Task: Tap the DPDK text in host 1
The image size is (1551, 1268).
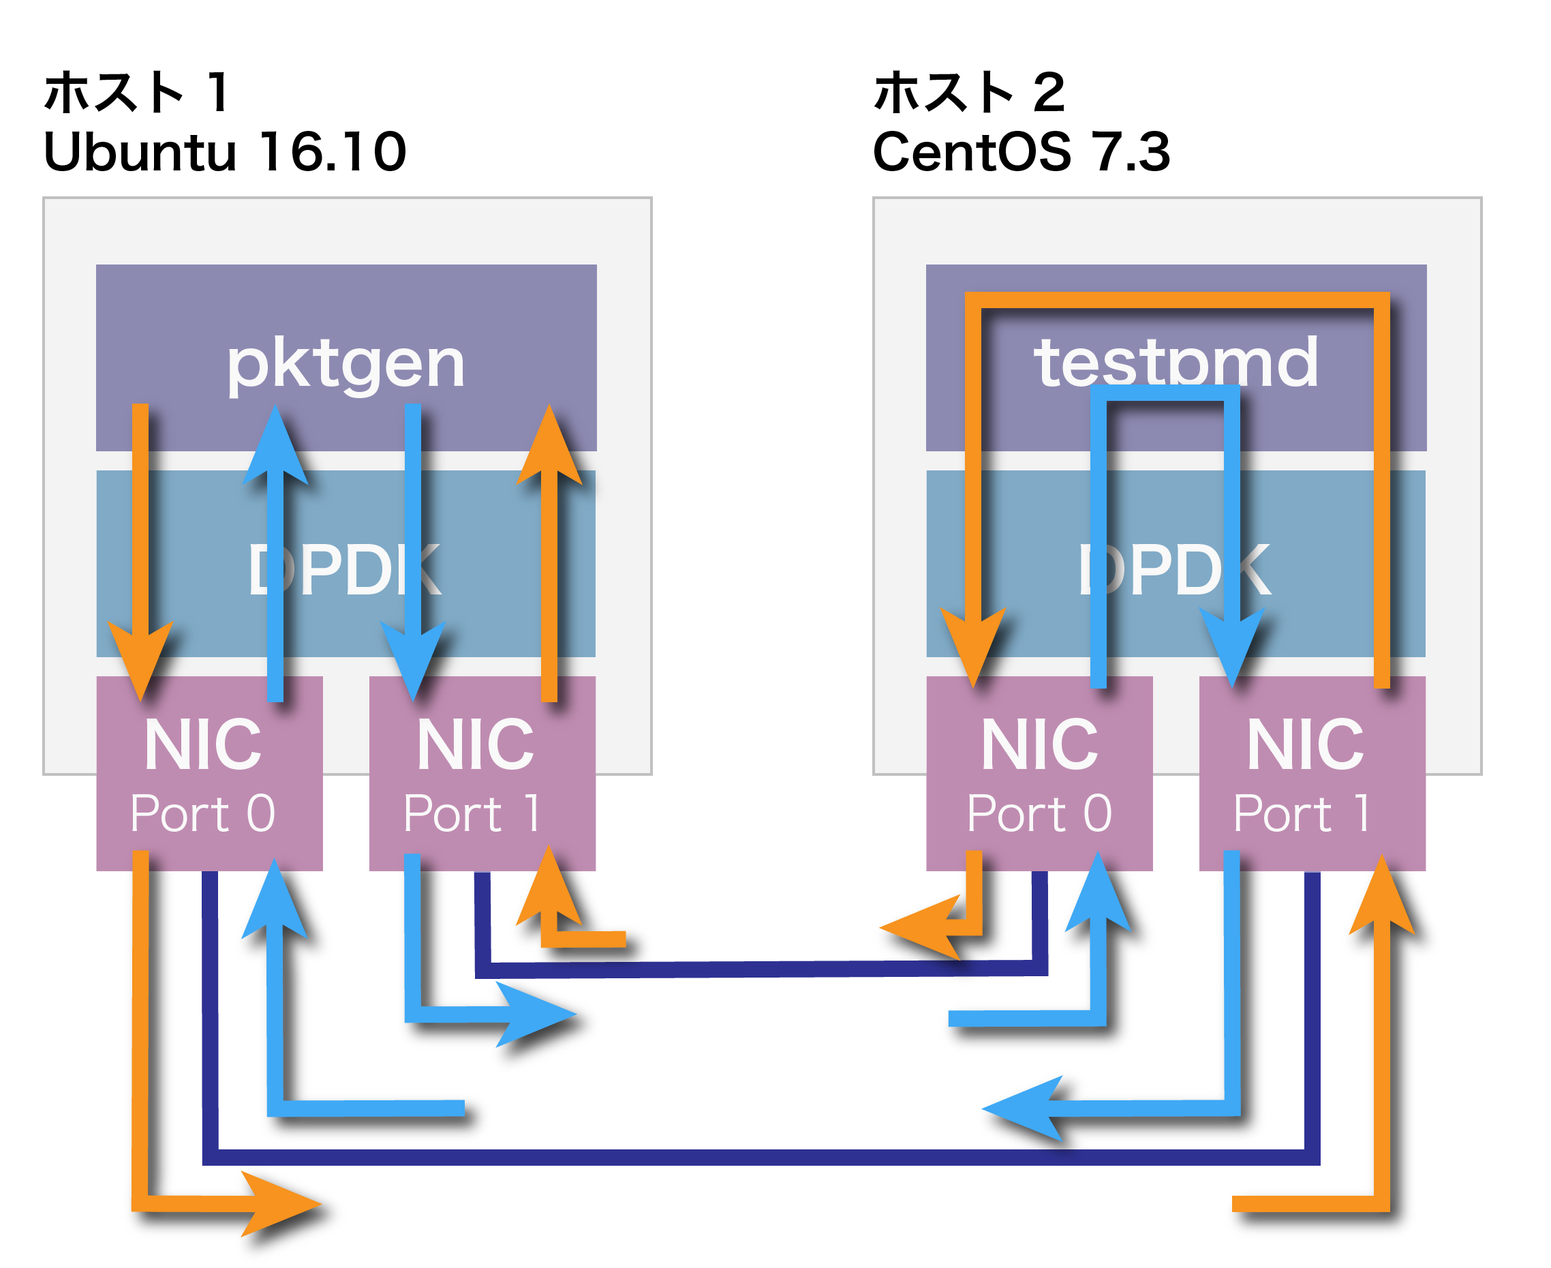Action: tap(345, 570)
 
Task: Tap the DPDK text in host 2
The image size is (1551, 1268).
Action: tap(1174, 570)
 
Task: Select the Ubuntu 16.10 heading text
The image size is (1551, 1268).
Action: tap(225, 152)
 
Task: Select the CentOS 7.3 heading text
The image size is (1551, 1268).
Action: tap(1021, 152)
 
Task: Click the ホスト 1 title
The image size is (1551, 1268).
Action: tap(137, 93)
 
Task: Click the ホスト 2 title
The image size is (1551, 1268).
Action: tap(969, 93)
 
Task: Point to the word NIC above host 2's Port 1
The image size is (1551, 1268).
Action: tap(1305, 745)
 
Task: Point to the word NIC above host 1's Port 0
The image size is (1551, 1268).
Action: tap(203, 745)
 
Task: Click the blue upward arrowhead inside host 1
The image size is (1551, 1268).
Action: tap(275, 447)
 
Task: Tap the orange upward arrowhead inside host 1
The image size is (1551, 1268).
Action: tap(549, 447)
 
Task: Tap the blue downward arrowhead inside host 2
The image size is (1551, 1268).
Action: tap(1232, 645)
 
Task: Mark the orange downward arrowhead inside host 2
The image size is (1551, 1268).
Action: tap(973, 645)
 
